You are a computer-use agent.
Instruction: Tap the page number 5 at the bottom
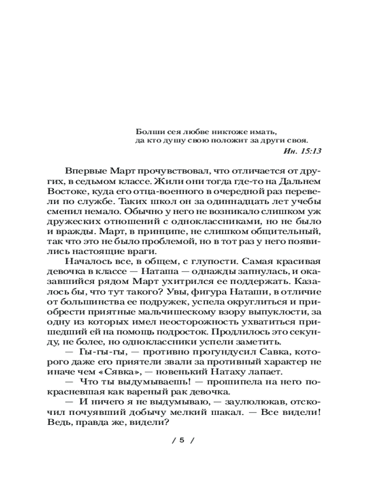(182, 440)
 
